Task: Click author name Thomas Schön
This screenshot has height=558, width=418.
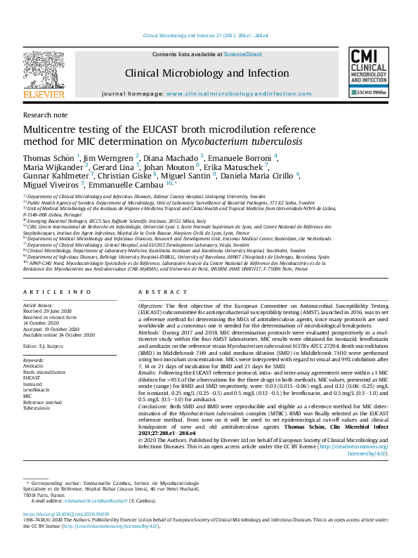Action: tap(49, 157)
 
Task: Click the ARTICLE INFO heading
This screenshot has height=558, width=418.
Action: tap(57, 291)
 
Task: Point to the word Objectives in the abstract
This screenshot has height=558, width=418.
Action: tap(150, 307)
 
